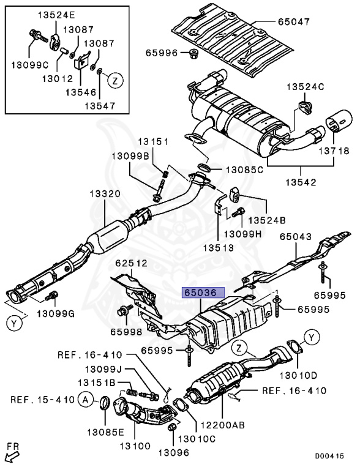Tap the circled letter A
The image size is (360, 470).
85,400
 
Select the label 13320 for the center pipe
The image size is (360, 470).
105,194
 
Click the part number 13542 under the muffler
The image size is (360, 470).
301,181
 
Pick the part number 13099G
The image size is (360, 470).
55,314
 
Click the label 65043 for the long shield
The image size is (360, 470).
296,236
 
